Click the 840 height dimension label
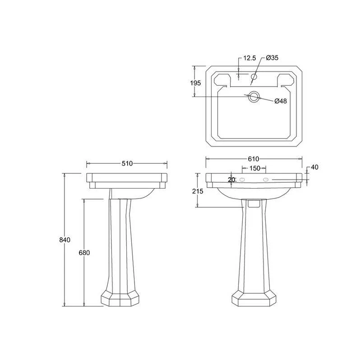[x=65, y=240]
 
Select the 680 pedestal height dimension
[x=84, y=253]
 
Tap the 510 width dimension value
[x=127, y=163]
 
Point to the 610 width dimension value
[x=254, y=159]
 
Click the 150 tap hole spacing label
[x=255, y=168]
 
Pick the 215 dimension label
[x=198, y=191]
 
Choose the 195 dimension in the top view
[x=195, y=83]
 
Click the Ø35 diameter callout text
[x=272, y=58]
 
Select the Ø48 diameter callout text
[x=281, y=101]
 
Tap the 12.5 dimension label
[x=250, y=58]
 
